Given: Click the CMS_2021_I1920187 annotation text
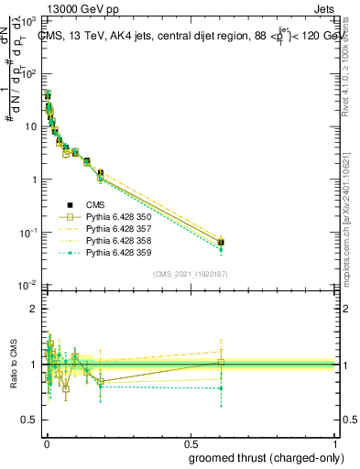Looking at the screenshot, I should pos(189,274).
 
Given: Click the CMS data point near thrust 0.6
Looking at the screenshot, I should pos(221,242).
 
